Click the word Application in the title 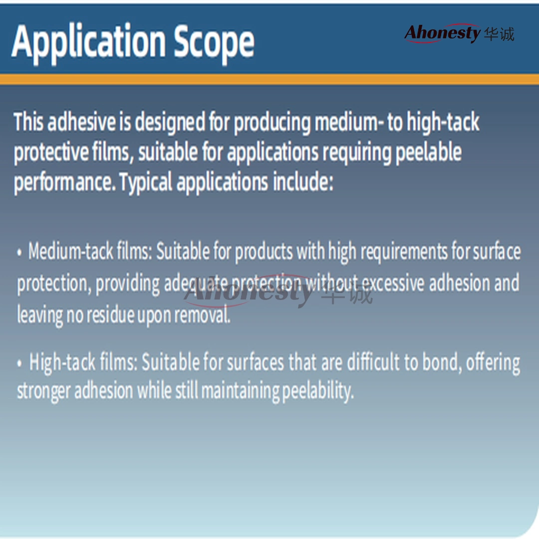(89, 42)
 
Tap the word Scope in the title (214, 42)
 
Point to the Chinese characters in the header (499, 34)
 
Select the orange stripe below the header (269, 79)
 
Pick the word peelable (428, 152)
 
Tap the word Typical (145, 182)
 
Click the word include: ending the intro (303, 182)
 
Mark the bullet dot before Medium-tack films (19, 253)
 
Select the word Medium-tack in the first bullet (70, 251)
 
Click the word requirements (404, 252)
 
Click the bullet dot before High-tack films (19, 363)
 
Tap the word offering (493, 363)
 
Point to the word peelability (318, 392)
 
